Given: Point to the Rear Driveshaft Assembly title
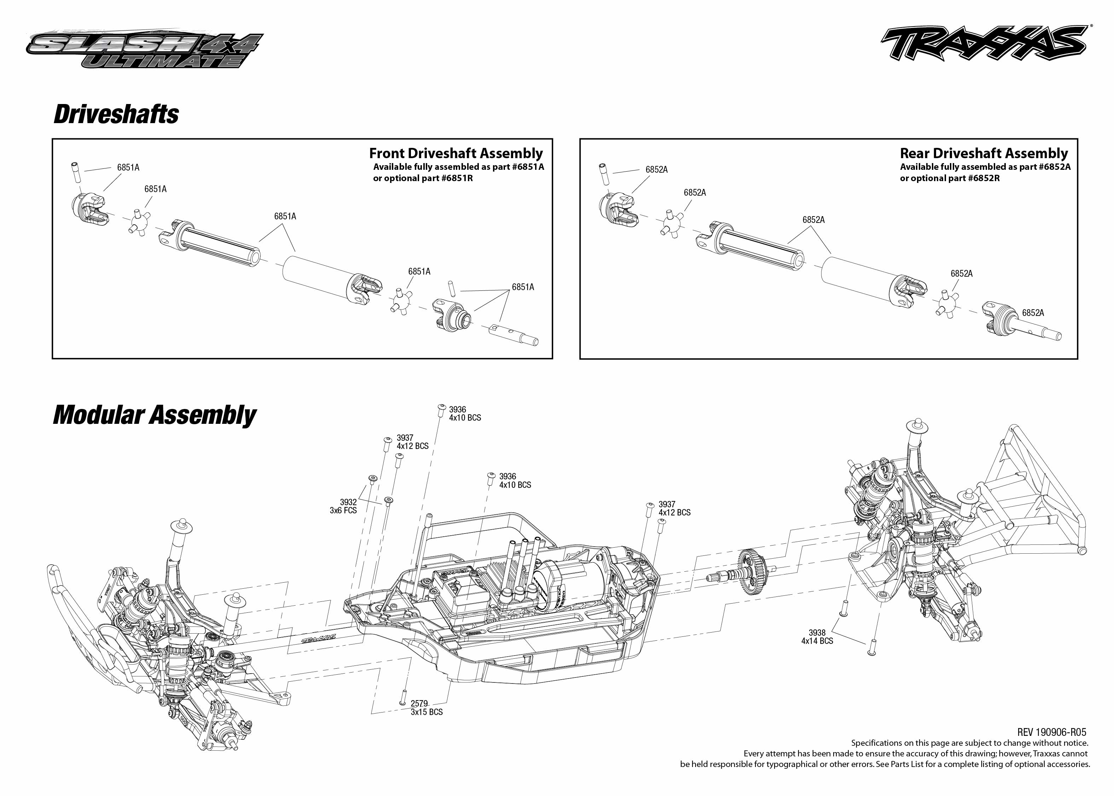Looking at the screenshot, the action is coord(984,154).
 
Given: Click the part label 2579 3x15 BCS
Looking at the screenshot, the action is coord(426,708).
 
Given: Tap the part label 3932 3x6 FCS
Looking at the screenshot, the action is coord(343,506).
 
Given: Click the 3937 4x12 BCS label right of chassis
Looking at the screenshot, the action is coord(674,508).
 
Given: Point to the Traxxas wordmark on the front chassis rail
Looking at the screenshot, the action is coord(318,638).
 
